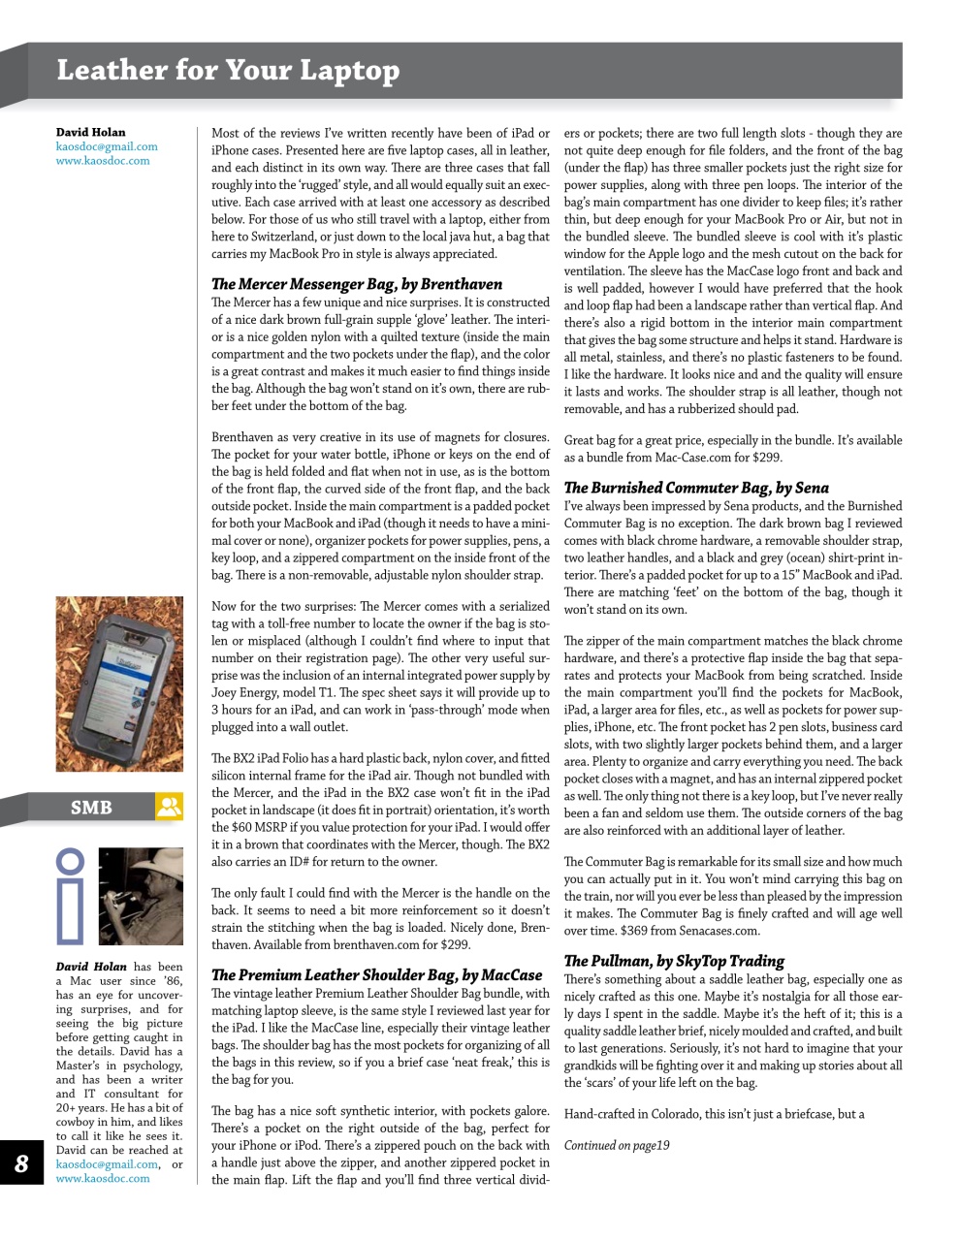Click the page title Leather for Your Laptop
[x=228, y=71]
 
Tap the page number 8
[x=21, y=1163]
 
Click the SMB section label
[x=91, y=808]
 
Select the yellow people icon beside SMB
[x=169, y=807]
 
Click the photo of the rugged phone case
[x=119, y=684]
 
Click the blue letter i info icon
[x=71, y=896]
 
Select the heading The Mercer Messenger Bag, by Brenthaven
[x=357, y=284]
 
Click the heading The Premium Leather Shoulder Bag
[x=376, y=975]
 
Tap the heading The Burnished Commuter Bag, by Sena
[x=696, y=488]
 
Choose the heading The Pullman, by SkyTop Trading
[x=674, y=961]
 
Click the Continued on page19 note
[x=617, y=1145]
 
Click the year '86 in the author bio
[x=172, y=981]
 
